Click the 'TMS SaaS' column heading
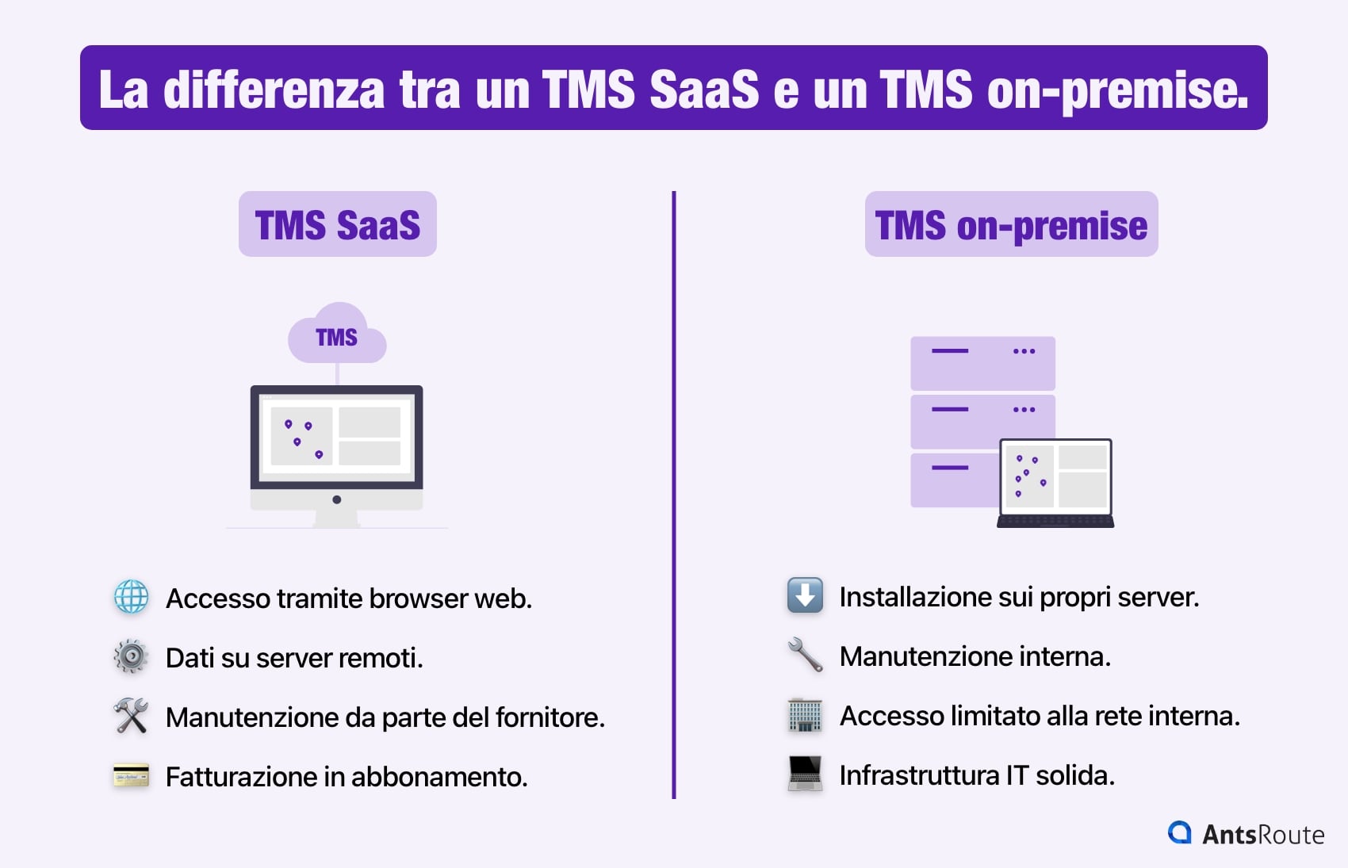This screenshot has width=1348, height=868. (337, 224)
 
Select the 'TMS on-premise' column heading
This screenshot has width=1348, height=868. (1011, 224)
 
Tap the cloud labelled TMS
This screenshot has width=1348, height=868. (337, 335)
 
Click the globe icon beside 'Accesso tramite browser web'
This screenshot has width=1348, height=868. (131, 597)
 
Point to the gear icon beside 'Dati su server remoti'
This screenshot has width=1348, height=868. (131, 656)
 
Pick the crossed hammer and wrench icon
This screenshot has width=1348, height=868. (131, 716)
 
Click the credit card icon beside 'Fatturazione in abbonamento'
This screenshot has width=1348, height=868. (131, 775)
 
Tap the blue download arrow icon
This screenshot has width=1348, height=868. (805, 595)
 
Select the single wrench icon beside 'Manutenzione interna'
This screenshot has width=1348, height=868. (805, 656)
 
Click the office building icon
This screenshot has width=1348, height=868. (805, 715)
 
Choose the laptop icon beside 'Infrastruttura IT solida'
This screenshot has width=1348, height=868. (805, 774)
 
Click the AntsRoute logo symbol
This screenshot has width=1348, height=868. (1180, 832)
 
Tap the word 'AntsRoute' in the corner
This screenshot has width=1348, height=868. (1263, 835)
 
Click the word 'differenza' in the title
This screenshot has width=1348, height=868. (274, 90)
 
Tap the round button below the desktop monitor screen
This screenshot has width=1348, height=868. (337, 499)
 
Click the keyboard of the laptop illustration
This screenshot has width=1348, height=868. (1055, 522)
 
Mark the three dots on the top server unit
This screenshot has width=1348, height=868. (1024, 351)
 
